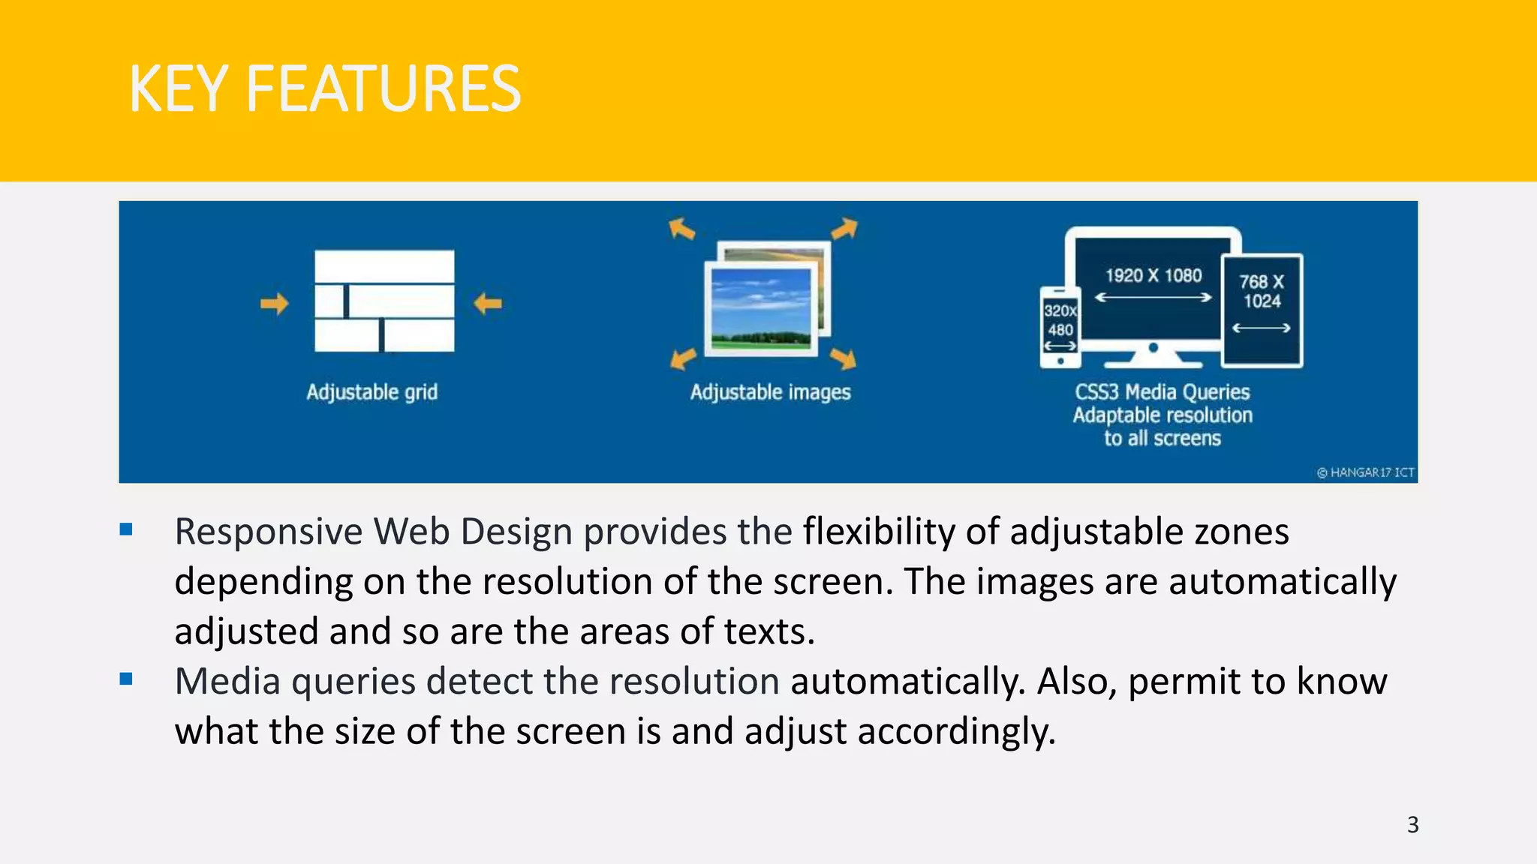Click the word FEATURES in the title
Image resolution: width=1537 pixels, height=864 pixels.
[383, 89]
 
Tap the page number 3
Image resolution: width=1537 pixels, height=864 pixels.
[1412, 825]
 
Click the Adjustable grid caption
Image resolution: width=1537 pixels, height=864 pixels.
[371, 392]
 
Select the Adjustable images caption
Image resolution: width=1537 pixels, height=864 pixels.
[770, 392]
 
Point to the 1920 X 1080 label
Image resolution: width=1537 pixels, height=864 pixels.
[1153, 275]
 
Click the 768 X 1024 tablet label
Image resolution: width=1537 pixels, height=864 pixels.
[1262, 292]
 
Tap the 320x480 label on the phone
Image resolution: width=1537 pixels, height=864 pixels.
[1060, 320]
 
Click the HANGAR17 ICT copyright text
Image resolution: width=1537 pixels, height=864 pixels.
[1366, 472]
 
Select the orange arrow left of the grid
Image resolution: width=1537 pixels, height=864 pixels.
[274, 304]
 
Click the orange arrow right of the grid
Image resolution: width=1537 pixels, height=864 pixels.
[488, 304]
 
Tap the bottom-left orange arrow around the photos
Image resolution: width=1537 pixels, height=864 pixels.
[682, 359]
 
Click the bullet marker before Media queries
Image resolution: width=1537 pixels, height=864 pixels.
[126, 679]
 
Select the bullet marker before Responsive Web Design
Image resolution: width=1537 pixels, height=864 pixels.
[126, 529]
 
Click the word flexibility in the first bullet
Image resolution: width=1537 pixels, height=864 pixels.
[879, 531]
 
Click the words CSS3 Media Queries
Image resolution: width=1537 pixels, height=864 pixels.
[1162, 392]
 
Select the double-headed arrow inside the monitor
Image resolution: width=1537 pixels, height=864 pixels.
[1153, 298]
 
